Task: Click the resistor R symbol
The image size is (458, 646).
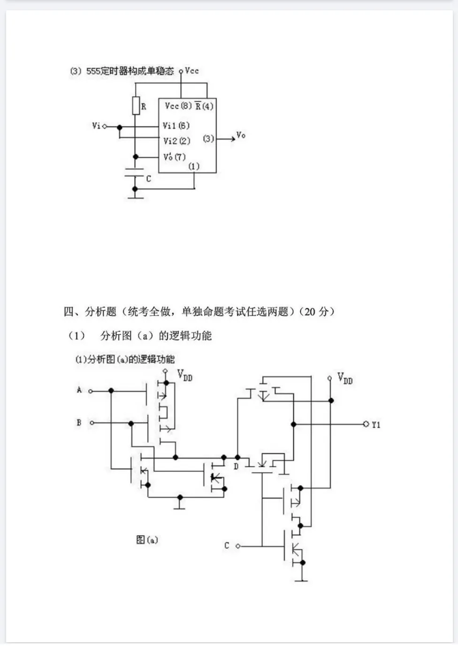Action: (x=136, y=106)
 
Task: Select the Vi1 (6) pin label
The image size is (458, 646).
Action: (x=176, y=125)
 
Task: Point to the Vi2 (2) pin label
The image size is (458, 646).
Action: (x=176, y=141)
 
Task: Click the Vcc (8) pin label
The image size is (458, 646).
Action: (x=178, y=106)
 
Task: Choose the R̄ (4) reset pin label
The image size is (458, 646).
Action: (x=204, y=106)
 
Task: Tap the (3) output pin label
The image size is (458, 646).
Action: (x=208, y=138)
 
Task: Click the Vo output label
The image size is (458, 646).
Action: (x=241, y=135)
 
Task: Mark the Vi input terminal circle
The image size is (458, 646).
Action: (x=105, y=126)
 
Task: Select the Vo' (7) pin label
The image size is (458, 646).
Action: (x=174, y=157)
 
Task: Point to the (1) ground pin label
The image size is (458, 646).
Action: (x=194, y=166)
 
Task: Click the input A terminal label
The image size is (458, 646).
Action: (x=79, y=390)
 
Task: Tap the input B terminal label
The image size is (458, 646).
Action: (x=79, y=423)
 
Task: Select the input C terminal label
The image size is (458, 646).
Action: (x=227, y=546)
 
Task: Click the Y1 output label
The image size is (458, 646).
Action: (x=376, y=425)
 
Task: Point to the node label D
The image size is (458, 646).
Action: (x=236, y=467)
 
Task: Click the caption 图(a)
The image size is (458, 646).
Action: (x=147, y=540)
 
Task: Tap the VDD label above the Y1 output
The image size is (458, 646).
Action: (x=345, y=378)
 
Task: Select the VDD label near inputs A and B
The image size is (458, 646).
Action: (x=184, y=375)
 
